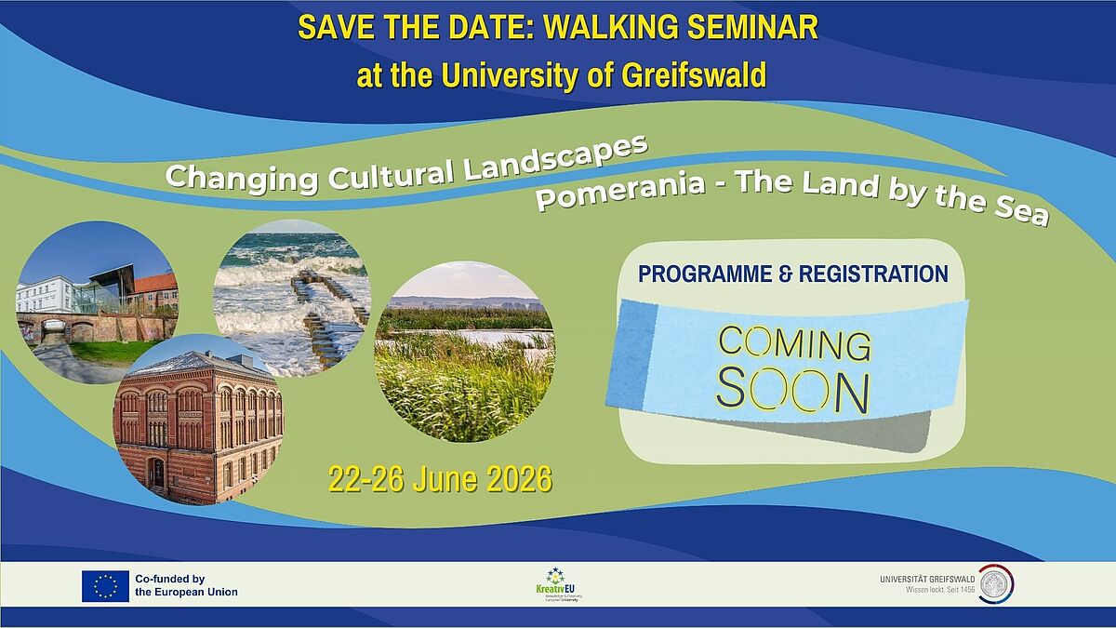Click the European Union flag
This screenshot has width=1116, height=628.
click(105, 585)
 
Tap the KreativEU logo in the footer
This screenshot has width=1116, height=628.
click(557, 585)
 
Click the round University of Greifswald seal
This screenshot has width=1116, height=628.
click(997, 583)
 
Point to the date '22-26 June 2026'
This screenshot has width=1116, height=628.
click(440, 479)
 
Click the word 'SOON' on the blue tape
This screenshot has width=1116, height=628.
click(792, 391)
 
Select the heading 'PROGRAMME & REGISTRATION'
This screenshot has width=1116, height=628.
click(793, 274)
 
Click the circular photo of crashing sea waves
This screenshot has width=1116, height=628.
click(291, 296)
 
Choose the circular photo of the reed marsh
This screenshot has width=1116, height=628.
click(463, 352)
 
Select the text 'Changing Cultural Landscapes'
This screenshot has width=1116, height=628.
click(405, 167)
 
